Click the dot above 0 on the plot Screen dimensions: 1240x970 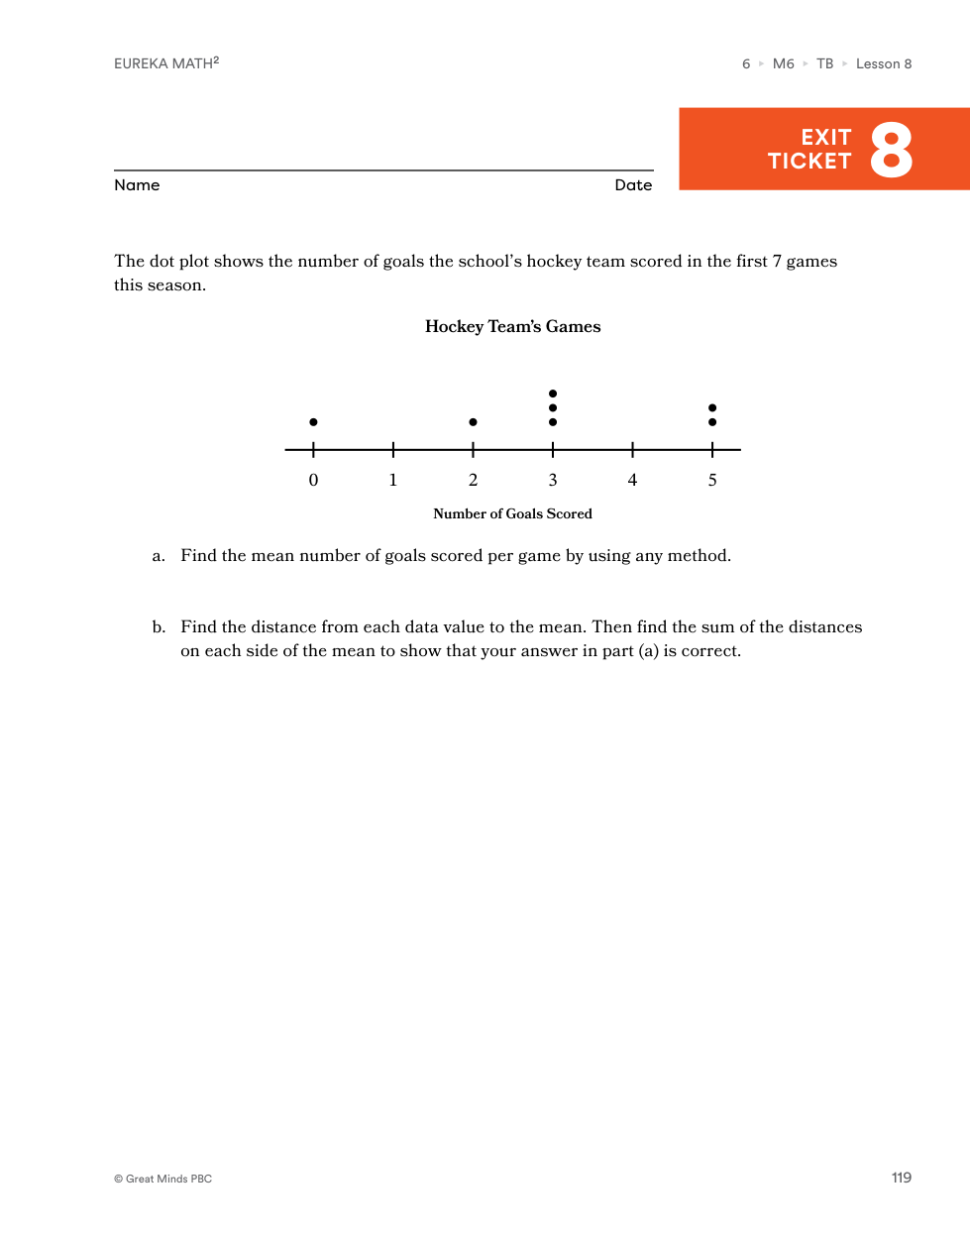click(313, 422)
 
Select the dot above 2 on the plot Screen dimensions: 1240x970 click(473, 422)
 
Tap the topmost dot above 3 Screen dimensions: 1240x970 click(553, 394)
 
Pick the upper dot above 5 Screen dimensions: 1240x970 click(712, 407)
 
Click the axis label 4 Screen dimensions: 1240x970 click(632, 481)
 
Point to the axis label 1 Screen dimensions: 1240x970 click(393, 481)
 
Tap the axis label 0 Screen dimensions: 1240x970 click(313, 481)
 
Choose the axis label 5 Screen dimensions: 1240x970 click(712, 481)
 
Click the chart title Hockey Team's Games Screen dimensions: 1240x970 click(512, 327)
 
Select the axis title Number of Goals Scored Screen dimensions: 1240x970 click(512, 513)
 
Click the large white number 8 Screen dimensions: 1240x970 click(891, 151)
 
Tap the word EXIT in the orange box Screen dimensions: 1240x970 click(826, 138)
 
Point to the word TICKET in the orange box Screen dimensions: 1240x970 click(809, 162)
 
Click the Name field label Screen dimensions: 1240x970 click(137, 185)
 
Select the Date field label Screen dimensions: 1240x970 click(633, 185)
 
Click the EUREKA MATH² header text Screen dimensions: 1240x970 click(166, 63)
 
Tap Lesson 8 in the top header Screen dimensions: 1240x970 click(884, 64)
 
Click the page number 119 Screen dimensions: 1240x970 click(901, 1178)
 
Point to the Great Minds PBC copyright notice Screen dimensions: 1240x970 click(163, 1179)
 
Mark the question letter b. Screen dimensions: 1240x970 click(159, 627)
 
